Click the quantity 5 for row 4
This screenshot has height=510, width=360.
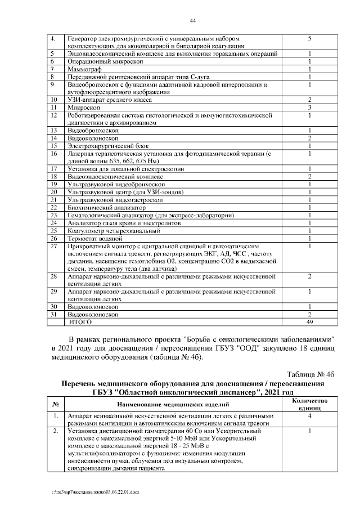(310, 38)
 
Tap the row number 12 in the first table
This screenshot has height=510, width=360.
(55, 115)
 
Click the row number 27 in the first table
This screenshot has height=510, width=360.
(55, 247)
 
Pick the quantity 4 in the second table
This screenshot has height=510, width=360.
(310, 415)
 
